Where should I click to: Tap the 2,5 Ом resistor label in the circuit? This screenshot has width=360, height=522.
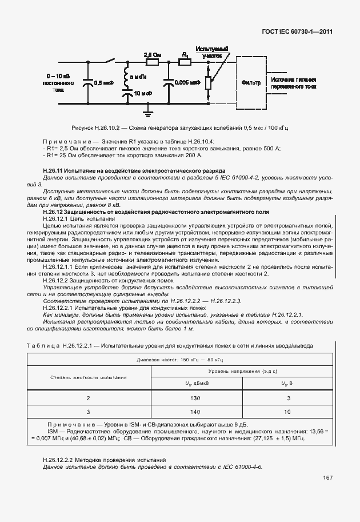(152, 54)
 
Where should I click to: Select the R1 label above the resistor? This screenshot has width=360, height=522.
(184, 54)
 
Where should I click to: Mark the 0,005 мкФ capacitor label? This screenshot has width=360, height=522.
(187, 82)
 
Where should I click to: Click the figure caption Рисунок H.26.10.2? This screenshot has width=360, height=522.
(178, 128)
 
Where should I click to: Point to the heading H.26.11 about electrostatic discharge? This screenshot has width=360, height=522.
(134, 171)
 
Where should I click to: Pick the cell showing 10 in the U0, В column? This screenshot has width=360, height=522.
(287, 412)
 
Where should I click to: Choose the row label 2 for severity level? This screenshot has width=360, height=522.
(88, 398)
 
